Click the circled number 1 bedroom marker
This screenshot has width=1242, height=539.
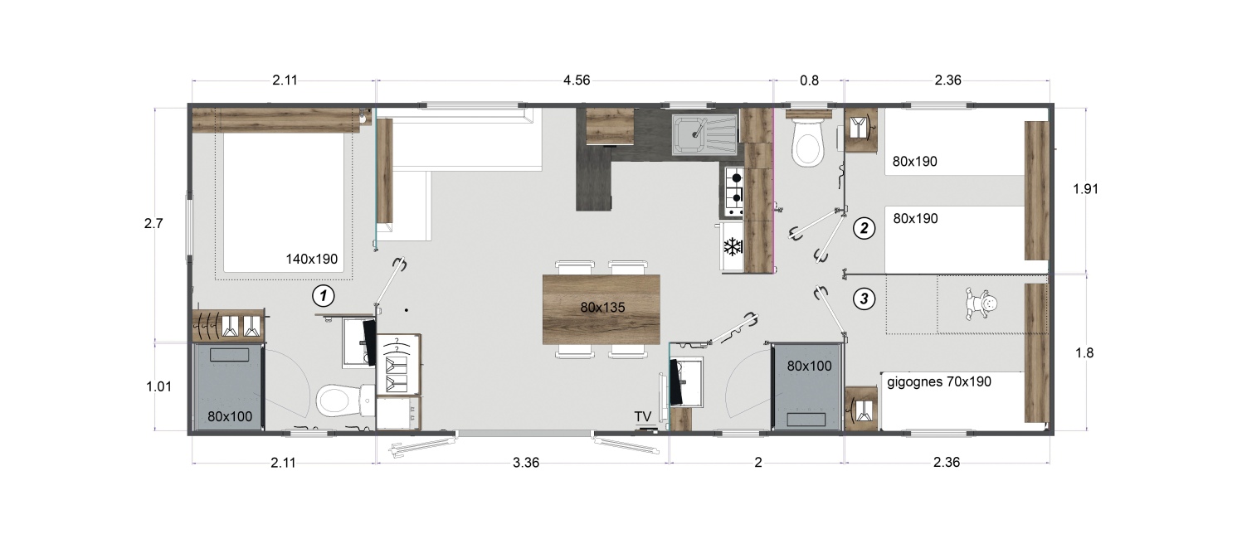pyautogui.click(x=324, y=296)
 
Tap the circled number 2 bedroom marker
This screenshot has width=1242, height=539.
pyautogui.click(x=864, y=228)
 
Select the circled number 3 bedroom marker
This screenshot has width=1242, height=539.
pyautogui.click(x=864, y=299)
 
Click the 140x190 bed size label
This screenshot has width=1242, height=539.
pyautogui.click(x=312, y=259)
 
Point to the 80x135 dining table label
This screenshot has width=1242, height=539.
pyautogui.click(x=602, y=307)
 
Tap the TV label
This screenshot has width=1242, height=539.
pyautogui.click(x=643, y=416)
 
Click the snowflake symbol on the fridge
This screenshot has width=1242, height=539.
pyautogui.click(x=733, y=246)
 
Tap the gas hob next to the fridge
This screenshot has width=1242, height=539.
pyautogui.click(x=734, y=191)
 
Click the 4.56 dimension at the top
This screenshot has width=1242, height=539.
pyautogui.click(x=577, y=80)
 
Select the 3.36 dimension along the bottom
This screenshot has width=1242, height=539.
pyautogui.click(x=526, y=463)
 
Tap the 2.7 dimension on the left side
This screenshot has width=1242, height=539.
pyautogui.click(x=153, y=223)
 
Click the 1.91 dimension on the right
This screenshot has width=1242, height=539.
pyautogui.click(x=1086, y=189)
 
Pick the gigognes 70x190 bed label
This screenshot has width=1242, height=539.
pyautogui.click(x=939, y=381)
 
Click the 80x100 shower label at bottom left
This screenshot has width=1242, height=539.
pyautogui.click(x=230, y=416)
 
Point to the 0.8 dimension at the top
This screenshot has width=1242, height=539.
pyautogui.click(x=809, y=81)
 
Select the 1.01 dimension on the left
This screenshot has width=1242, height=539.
pyautogui.click(x=159, y=386)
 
